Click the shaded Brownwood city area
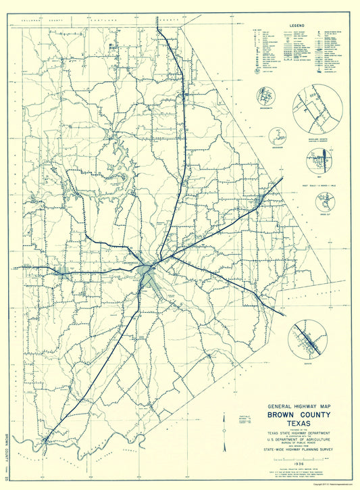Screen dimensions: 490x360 point(146,274)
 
